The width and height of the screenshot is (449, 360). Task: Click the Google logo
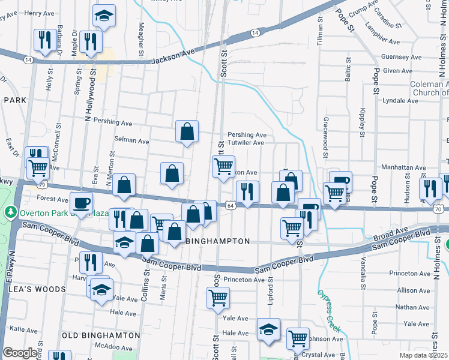[x=19, y=353]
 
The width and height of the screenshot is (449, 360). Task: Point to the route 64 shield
[x=230, y=205]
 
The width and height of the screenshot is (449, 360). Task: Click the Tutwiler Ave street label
[x=246, y=143]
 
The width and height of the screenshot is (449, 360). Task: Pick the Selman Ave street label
[x=132, y=141]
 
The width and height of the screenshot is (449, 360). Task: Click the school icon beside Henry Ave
[x=104, y=16]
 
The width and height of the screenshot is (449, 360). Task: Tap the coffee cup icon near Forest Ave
[x=80, y=202]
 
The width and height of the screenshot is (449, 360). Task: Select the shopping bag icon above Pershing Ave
[x=187, y=131]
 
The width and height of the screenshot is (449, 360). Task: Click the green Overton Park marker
[x=10, y=212]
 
